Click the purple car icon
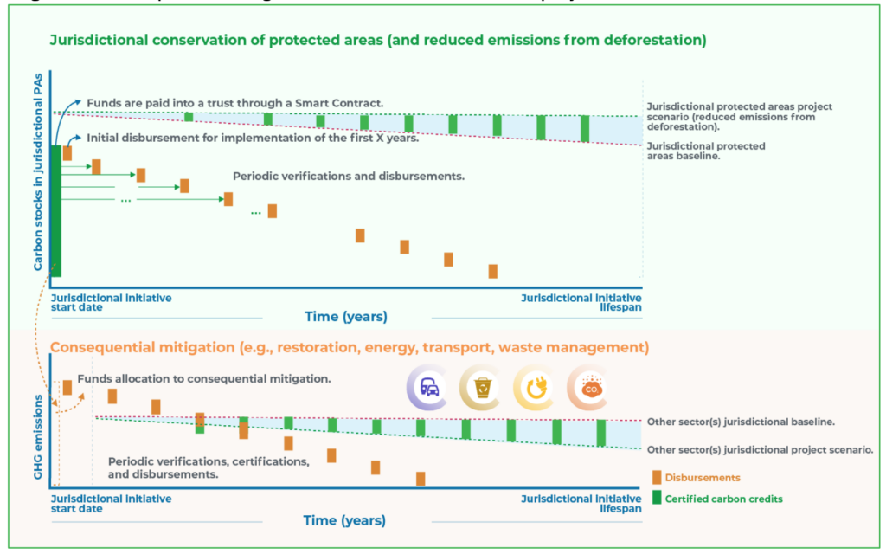tap(429, 389)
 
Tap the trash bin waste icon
tap(482, 389)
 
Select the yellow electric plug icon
tap(536, 389)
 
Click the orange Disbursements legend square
tap(658, 477)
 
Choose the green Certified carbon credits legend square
tap(658, 498)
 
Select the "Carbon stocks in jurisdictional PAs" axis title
tap(38, 173)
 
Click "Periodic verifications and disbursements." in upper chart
tap(349, 177)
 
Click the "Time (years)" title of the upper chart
tap(345, 316)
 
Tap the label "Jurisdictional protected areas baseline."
tap(705, 151)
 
